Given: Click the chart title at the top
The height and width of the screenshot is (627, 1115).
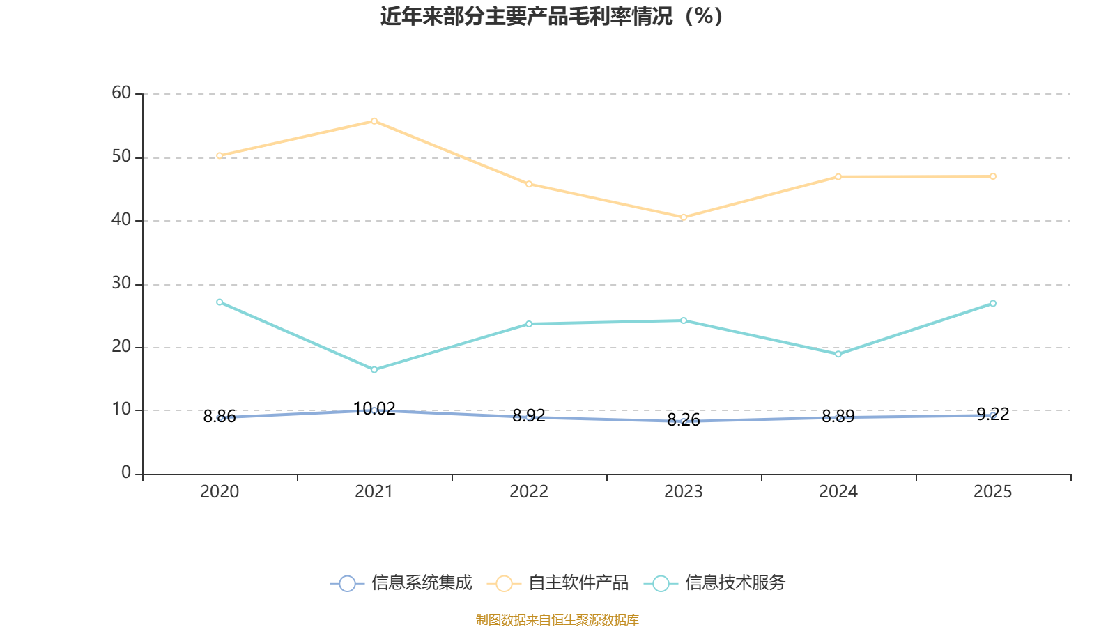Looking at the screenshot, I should click(x=551, y=16).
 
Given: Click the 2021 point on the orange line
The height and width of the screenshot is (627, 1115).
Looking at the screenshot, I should click(x=374, y=121).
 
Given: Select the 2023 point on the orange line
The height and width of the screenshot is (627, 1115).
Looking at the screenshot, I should click(x=684, y=217).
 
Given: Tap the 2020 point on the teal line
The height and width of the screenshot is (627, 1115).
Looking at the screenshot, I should click(x=220, y=302).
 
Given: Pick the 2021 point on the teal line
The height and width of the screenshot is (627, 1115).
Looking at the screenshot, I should click(x=374, y=370).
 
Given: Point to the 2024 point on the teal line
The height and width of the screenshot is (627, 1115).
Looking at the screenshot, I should click(x=838, y=354).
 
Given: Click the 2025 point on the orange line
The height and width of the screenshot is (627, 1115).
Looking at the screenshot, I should click(x=993, y=176).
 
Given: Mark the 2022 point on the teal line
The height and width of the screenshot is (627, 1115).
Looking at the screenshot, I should click(x=529, y=324).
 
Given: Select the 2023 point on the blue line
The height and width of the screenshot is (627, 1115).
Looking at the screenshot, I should click(x=684, y=421).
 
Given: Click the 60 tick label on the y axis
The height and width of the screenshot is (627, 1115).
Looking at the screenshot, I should click(x=121, y=93).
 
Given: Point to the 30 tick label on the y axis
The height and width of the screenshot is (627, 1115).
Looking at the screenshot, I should click(x=121, y=283).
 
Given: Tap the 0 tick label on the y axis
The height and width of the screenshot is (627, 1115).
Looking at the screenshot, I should click(x=126, y=473).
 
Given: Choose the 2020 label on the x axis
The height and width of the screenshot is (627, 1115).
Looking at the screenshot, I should click(x=220, y=492).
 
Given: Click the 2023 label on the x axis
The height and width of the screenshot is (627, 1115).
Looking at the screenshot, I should click(x=684, y=492).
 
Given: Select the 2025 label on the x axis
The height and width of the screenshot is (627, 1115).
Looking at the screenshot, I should click(x=993, y=492).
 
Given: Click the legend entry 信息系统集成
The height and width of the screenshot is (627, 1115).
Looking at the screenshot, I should click(x=401, y=583).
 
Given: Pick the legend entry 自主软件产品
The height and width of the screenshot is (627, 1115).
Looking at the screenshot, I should click(x=559, y=583).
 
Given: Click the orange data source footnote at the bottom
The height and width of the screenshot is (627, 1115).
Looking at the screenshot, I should click(x=557, y=619).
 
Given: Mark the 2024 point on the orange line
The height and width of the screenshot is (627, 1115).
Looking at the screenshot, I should click(x=838, y=177).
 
